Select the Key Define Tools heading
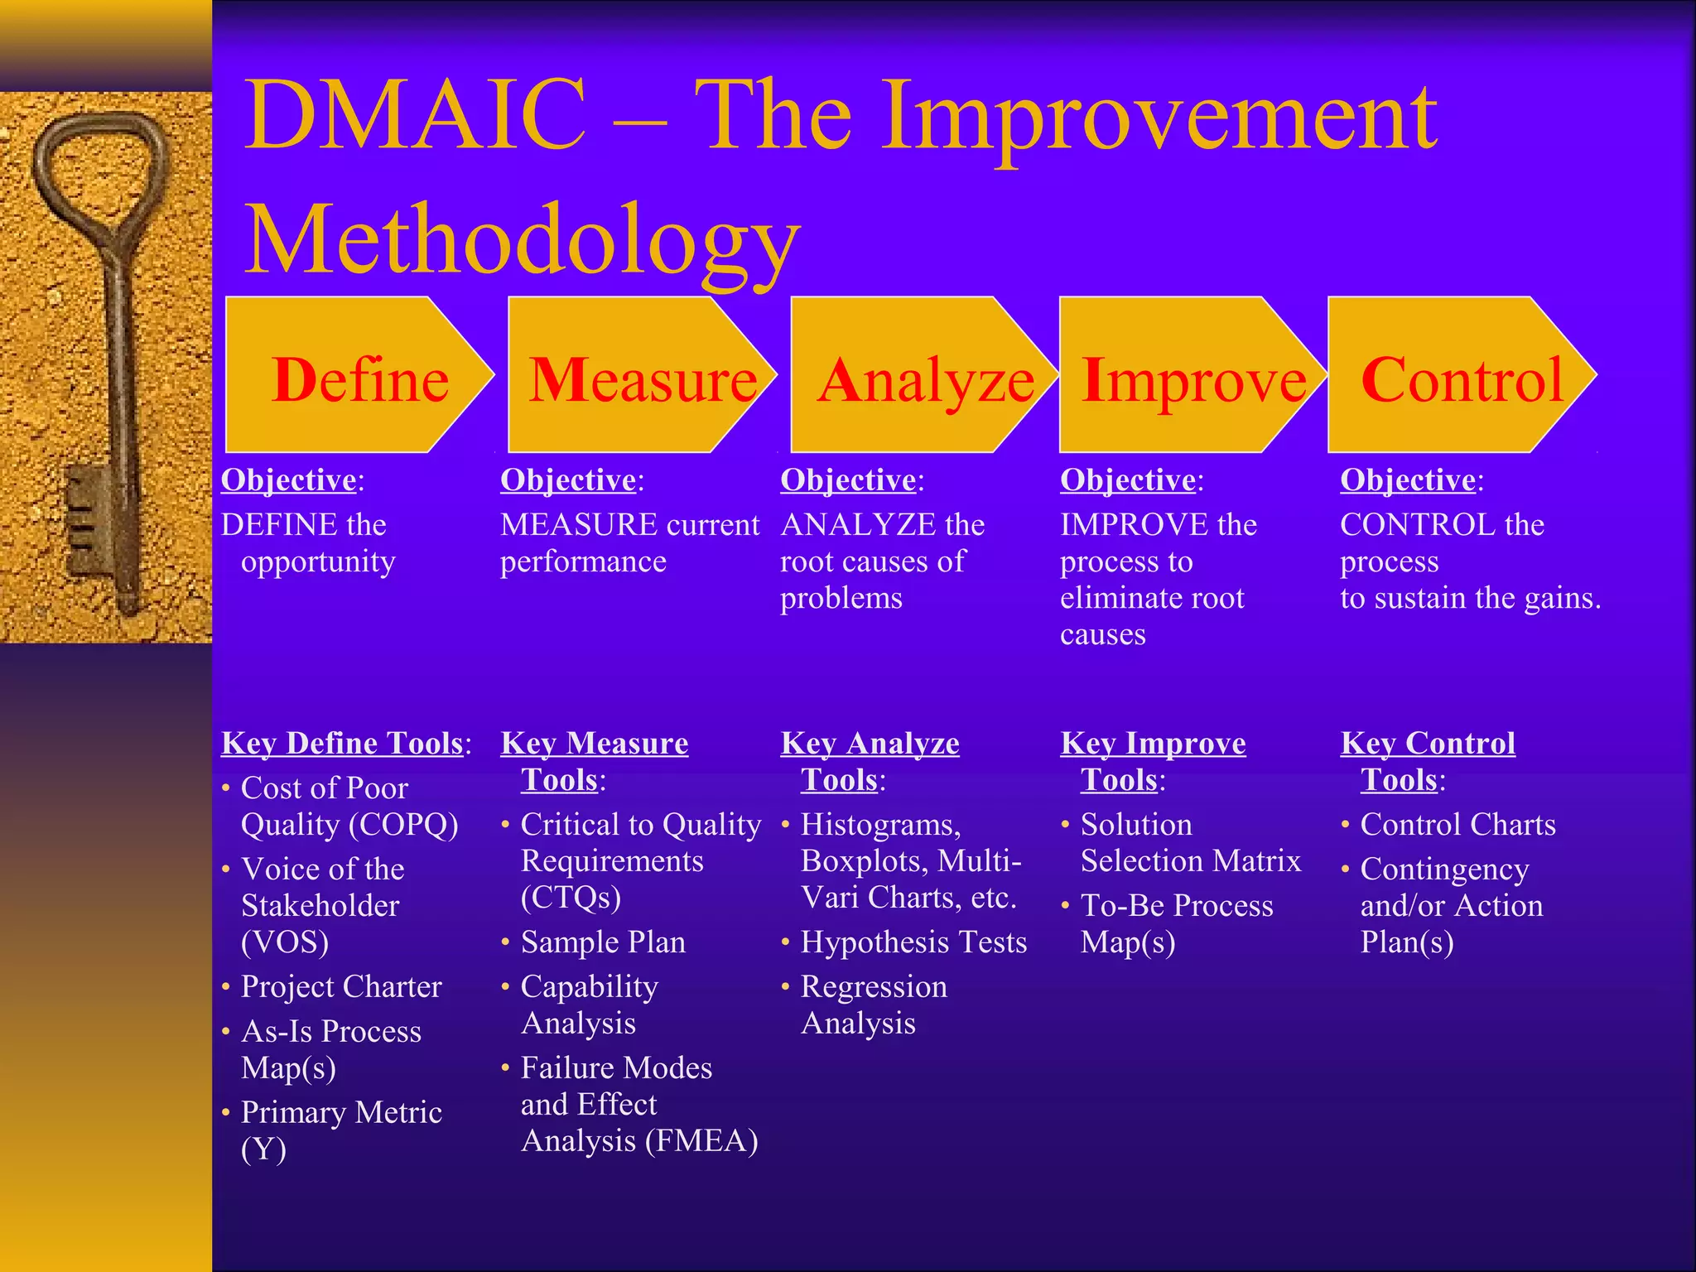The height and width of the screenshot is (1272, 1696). pos(342,743)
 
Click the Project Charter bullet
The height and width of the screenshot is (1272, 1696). pos(340,986)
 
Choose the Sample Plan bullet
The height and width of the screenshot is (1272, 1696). pos(603,942)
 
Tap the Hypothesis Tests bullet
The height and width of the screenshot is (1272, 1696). pos(913,942)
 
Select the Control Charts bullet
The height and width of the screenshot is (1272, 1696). pos(1457,824)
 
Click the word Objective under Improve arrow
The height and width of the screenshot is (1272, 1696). pos(1128,479)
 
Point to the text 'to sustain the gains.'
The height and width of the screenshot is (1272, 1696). pos(1470,597)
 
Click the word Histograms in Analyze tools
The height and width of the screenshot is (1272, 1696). pos(879,824)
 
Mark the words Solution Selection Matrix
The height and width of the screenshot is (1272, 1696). pos(1190,842)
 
